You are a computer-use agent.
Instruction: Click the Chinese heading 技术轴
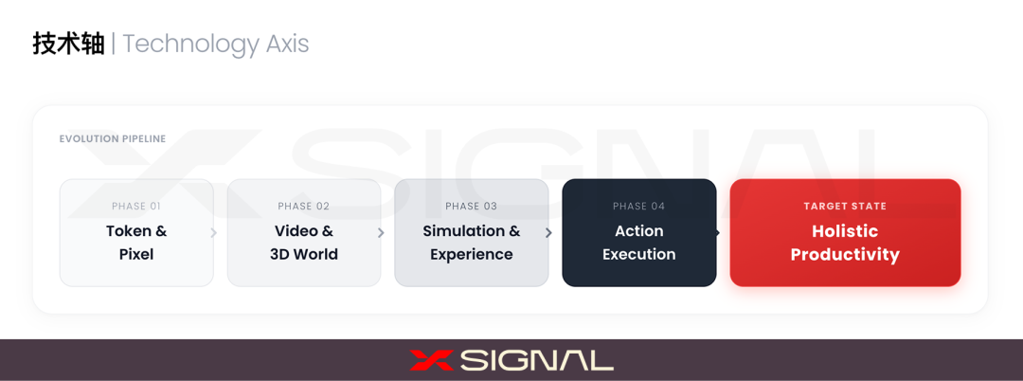click(x=68, y=44)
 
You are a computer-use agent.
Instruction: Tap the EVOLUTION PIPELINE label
click(x=113, y=139)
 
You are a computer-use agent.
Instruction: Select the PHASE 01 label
click(x=136, y=207)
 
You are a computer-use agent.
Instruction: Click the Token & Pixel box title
click(x=136, y=243)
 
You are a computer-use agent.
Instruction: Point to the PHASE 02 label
click(x=304, y=207)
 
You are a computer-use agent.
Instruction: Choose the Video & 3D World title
click(x=304, y=243)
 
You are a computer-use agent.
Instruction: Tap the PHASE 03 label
click(x=472, y=207)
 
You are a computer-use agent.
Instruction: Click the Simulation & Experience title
click(x=472, y=243)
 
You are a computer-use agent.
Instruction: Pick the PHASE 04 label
click(x=639, y=207)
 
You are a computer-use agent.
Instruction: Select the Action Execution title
click(x=639, y=243)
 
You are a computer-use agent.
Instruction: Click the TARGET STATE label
click(x=845, y=207)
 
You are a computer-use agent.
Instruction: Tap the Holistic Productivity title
click(x=845, y=243)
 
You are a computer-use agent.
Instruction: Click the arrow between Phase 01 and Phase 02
click(x=214, y=233)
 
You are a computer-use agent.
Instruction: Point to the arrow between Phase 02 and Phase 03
click(x=381, y=233)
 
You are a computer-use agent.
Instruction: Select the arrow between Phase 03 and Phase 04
click(x=548, y=233)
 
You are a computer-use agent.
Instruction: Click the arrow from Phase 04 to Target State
click(x=717, y=233)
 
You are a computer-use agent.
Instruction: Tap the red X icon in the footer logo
click(x=432, y=360)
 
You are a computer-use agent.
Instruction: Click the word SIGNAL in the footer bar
click(x=537, y=360)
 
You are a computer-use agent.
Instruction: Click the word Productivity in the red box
click(x=845, y=254)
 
